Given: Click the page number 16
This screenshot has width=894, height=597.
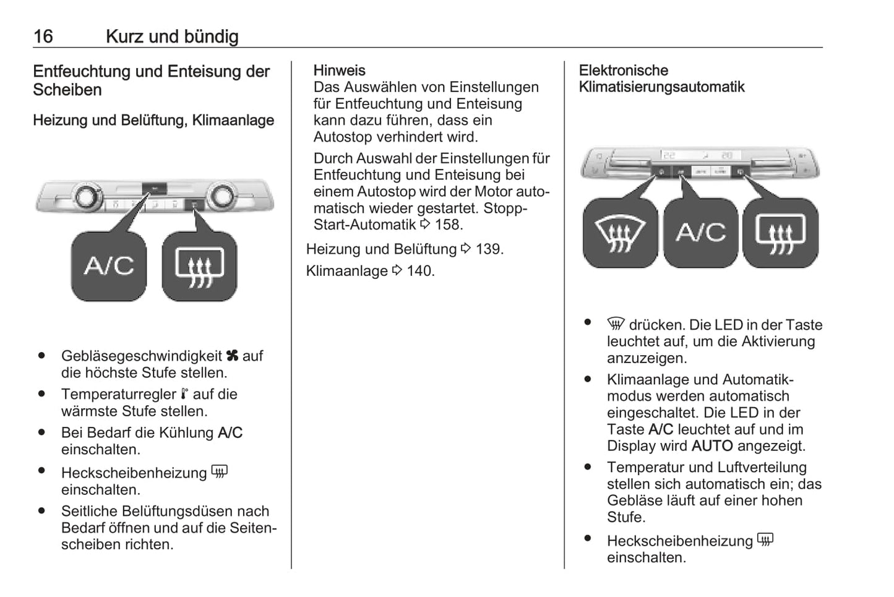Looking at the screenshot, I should pos(43,37).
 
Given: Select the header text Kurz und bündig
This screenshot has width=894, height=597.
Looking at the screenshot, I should pos(172,37).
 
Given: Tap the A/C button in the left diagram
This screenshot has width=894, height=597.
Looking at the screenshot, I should pos(109,266).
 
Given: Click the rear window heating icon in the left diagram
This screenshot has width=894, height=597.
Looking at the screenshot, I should pos(199,267).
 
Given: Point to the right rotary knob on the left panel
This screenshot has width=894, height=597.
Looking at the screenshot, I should pos(221,196).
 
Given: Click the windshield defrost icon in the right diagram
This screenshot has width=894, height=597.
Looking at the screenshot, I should pos(620,233).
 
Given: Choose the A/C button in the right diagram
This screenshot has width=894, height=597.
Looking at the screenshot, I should pos(700,233).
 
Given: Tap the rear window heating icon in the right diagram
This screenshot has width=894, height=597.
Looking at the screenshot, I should pos(780,233).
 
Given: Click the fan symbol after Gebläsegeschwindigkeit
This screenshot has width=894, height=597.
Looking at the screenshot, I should pos(232,356).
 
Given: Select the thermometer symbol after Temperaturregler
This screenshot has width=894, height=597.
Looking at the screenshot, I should pos(184,394).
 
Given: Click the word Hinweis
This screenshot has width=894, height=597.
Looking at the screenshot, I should pos(339,71).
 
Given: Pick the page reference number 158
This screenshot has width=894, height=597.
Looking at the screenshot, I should pos(449,225).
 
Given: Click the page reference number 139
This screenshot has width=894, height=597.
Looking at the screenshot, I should pos(489,249).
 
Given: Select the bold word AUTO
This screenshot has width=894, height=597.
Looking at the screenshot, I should pos(711,446).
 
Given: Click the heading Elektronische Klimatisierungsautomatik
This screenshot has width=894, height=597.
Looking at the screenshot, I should pos(661,79).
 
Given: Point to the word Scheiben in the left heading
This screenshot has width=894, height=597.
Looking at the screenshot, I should pos(67,90).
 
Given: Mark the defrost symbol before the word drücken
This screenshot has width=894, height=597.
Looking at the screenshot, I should pos(616,324).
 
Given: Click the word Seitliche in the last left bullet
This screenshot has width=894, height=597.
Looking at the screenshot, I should pos(90,512).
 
